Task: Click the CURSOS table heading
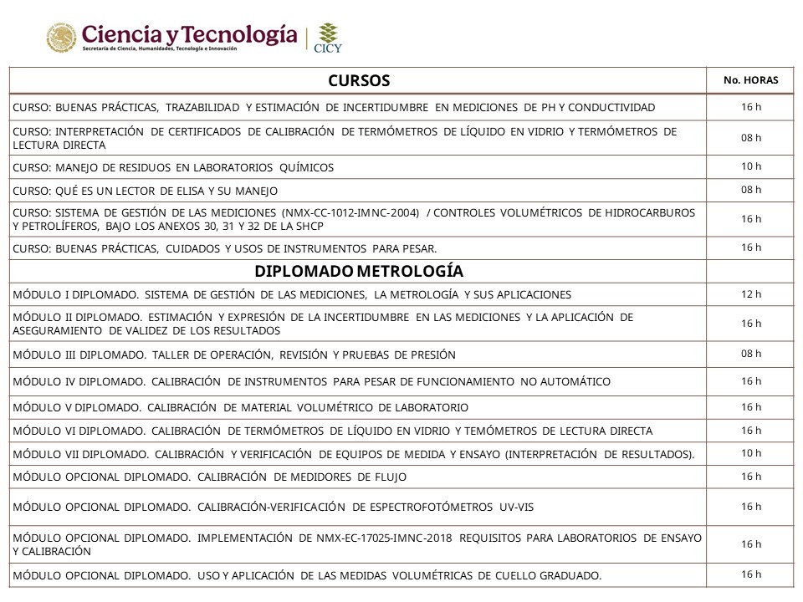[x=359, y=80]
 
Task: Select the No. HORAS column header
[x=750, y=80]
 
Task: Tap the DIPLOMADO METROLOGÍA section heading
[x=359, y=271]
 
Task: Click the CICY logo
[x=327, y=38]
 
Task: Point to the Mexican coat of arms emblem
[x=60, y=38]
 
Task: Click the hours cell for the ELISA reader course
[x=750, y=190]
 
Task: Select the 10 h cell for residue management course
[x=750, y=166]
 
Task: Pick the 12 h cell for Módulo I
[x=750, y=294]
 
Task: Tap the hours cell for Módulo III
[x=750, y=354]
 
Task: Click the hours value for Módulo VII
[x=750, y=453]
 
